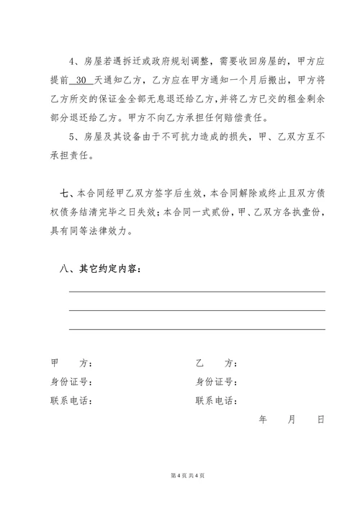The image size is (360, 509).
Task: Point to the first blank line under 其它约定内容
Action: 197,291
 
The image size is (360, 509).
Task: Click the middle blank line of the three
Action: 197,310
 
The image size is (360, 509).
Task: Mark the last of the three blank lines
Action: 197,329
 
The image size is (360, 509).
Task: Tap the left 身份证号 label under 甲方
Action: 71,382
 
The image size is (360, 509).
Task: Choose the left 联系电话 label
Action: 71,401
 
